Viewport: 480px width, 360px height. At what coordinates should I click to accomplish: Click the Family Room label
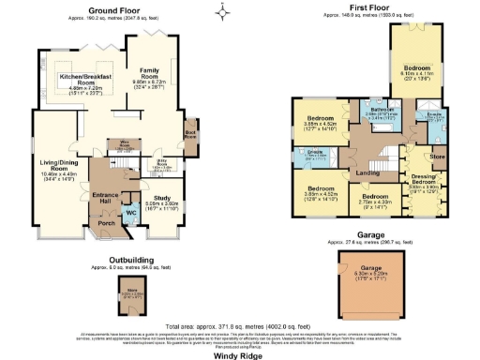click(x=150, y=71)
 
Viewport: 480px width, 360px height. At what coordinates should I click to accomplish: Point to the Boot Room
click(x=190, y=136)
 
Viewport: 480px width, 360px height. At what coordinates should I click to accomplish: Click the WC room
click(x=130, y=212)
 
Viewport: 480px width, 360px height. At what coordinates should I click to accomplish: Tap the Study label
click(x=163, y=197)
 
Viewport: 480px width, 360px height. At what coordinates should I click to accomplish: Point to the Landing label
click(x=367, y=172)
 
